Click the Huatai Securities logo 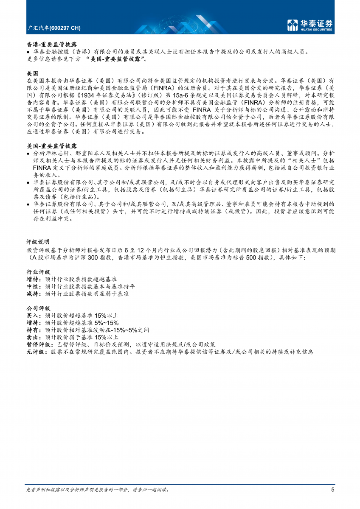(309, 25)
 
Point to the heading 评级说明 (37, 242)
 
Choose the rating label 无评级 (36, 352)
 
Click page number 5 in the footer (332, 490)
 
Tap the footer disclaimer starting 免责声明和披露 (98, 489)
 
